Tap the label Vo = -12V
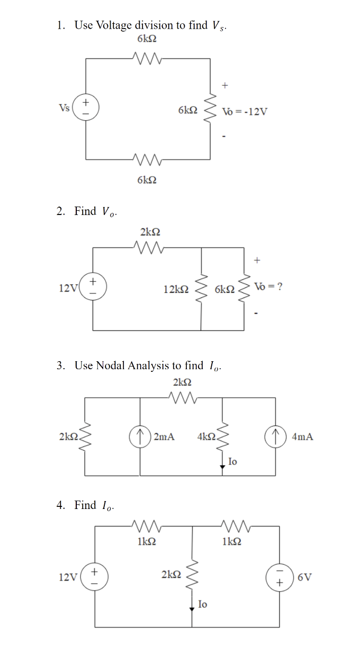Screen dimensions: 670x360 (245, 112)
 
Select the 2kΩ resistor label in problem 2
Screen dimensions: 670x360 (150, 231)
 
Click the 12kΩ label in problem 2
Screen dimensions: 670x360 (176, 289)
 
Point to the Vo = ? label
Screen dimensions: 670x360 (268, 287)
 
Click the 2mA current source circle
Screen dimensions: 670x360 (140, 436)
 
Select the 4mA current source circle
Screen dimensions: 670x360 (275, 436)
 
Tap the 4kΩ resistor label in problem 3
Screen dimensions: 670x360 (206, 437)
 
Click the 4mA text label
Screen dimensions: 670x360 (302, 437)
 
